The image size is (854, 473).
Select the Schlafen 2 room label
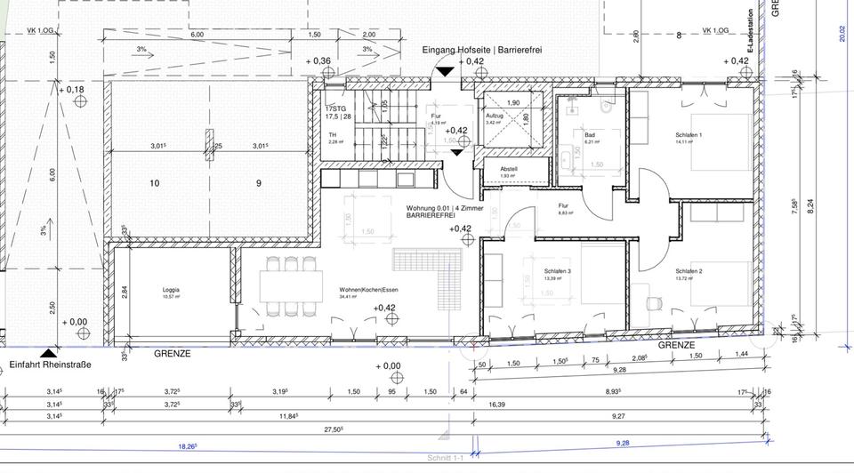pos(689,271)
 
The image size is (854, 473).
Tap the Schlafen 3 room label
pos(558,271)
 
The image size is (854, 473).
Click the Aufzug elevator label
pos(495,116)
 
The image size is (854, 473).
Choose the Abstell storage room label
pos(508,169)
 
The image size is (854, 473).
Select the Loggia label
pos(171,290)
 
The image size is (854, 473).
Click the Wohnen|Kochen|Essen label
pos(368,290)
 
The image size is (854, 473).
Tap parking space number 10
pos(154,183)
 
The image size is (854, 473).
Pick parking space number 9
pos(259,183)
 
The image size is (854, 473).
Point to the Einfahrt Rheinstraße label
pos(51,365)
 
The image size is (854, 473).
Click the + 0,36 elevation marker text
pos(318,61)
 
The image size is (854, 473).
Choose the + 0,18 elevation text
pos(71,90)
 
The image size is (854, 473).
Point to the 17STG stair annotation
pos(334,108)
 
